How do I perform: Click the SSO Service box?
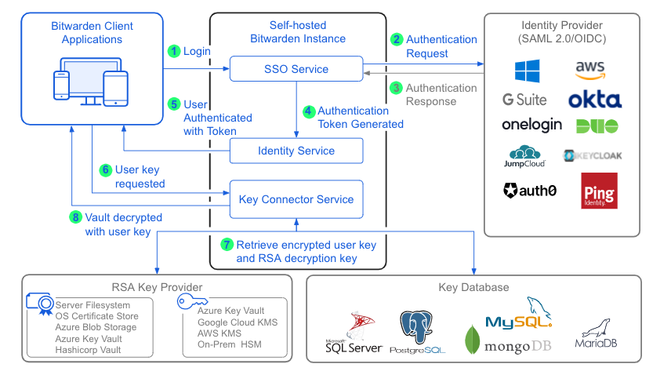point(296,69)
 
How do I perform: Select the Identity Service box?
point(296,151)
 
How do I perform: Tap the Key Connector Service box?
point(296,199)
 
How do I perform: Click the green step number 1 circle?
point(174,51)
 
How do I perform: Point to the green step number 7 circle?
point(227,245)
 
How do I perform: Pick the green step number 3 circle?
point(397,88)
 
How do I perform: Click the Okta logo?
point(595,100)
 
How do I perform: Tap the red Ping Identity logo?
point(599,191)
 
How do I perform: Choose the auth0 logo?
point(530,190)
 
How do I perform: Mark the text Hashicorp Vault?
point(88,350)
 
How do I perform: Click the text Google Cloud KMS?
point(238,322)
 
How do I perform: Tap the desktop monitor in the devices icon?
point(88,76)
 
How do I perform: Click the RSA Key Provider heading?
point(157,287)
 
